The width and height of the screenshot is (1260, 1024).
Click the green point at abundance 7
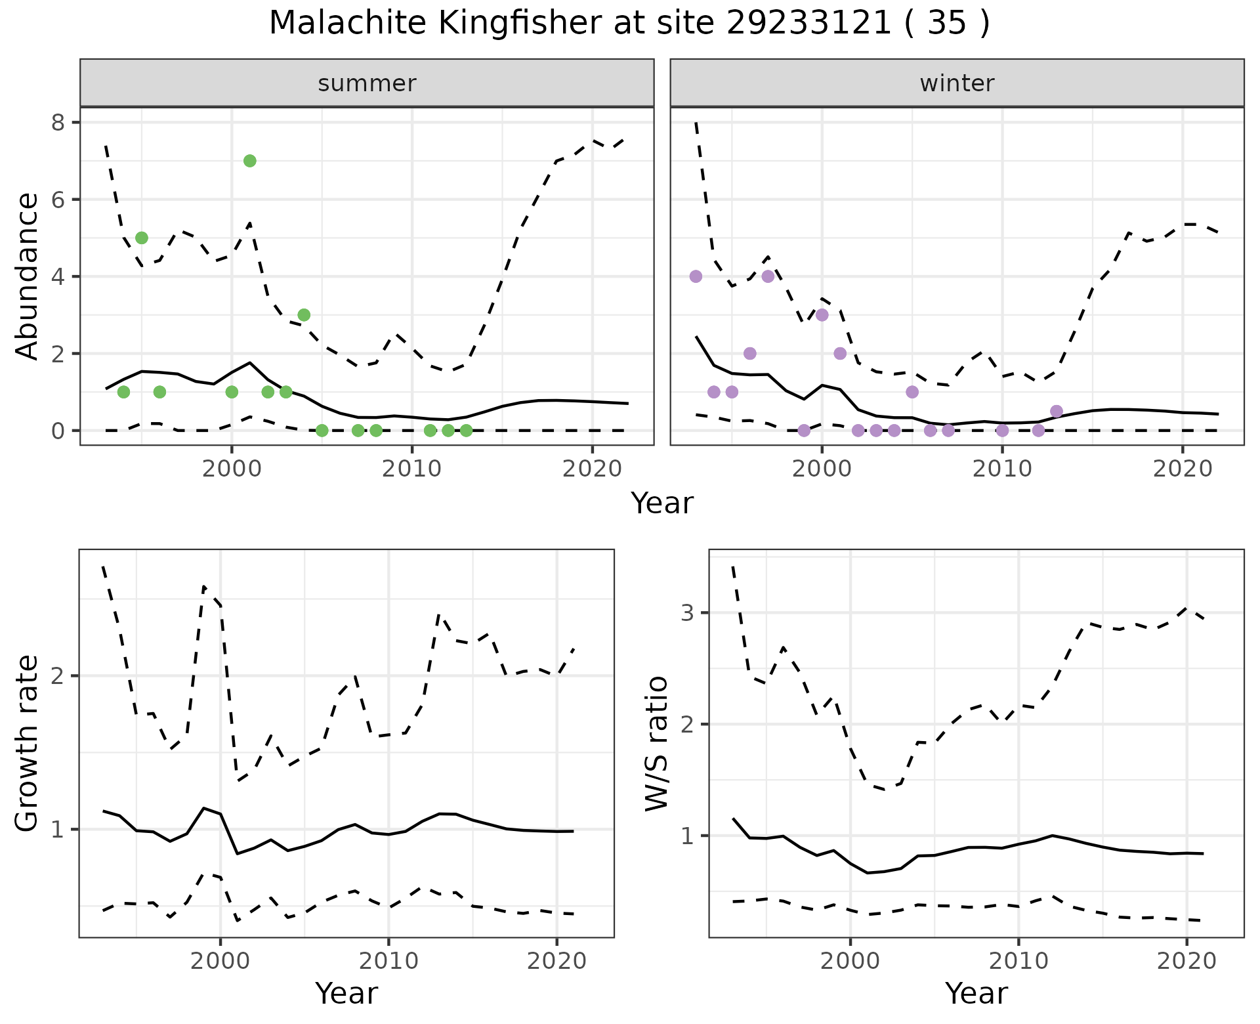(249, 161)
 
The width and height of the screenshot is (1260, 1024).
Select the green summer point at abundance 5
(141, 238)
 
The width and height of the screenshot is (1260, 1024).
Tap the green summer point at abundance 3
(304, 315)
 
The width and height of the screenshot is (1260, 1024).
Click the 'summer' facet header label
(367, 83)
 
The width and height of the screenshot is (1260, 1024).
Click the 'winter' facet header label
(957, 83)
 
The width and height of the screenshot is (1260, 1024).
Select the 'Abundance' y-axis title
(28, 276)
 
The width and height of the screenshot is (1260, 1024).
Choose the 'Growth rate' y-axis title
(28, 743)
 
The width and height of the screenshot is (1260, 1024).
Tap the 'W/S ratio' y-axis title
(657, 743)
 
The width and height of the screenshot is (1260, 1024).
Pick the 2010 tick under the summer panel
(411, 469)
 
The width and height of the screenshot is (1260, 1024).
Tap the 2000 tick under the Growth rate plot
(220, 961)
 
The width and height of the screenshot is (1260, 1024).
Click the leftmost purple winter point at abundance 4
(696, 276)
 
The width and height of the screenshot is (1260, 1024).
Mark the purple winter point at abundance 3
(822, 315)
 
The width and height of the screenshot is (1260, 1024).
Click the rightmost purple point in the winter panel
(1056, 412)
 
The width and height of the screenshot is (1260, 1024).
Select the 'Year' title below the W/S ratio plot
(976, 994)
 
